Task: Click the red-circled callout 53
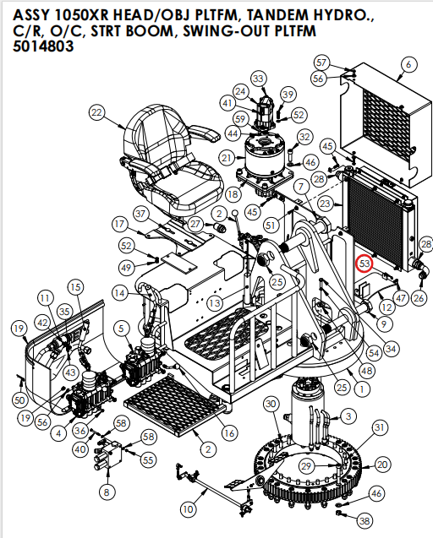tap(365, 264)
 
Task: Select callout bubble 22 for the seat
tap(96, 113)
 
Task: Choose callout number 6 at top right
tap(408, 64)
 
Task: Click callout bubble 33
tap(258, 79)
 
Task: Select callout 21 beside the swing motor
tap(226, 158)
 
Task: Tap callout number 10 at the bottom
tap(187, 508)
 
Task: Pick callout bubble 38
tap(364, 520)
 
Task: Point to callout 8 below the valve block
tap(106, 492)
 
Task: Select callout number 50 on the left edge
tap(20, 399)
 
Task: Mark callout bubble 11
tap(44, 298)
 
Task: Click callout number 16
tap(229, 433)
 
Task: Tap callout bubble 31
tap(380, 427)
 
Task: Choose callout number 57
tap(321, 62)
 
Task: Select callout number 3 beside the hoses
tap(348, 415)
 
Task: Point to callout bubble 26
tap(419, 297)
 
